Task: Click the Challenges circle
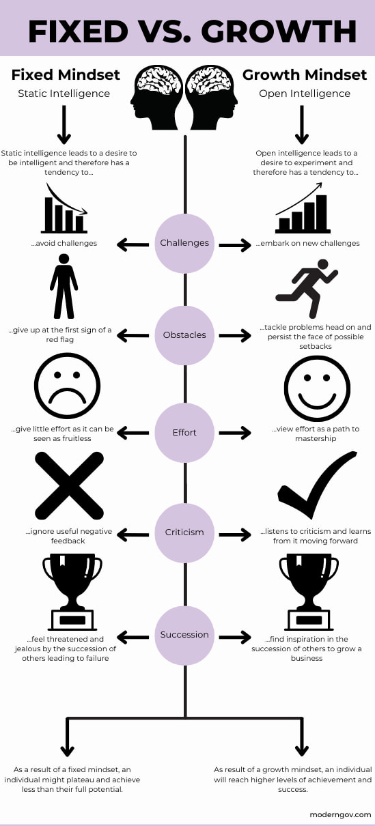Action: pyautogui.click(x=184, y=244)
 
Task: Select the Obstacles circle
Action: pyautogui.click(x=184, y=335)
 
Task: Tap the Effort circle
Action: pyautogui.click(x=184, y=433)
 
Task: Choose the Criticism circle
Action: pyautogui.click(x=184, y=532)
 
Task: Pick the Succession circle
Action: pyautogui.click(x=184, y=635)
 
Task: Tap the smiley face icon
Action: pyautogui.click(x=317, y=388)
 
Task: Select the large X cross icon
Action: pyautogui.click(x=68, y=486)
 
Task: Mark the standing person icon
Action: pyautogui.click(x=64, y=287)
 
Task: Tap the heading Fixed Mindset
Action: pyautogui.click(x=66, y=74)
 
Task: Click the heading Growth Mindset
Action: pyautogui.click(x=305, y=74)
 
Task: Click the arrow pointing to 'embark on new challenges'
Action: pyautogui.click(x=235, y=244)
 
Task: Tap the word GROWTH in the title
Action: pyautogui.click(x=279, y=31)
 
